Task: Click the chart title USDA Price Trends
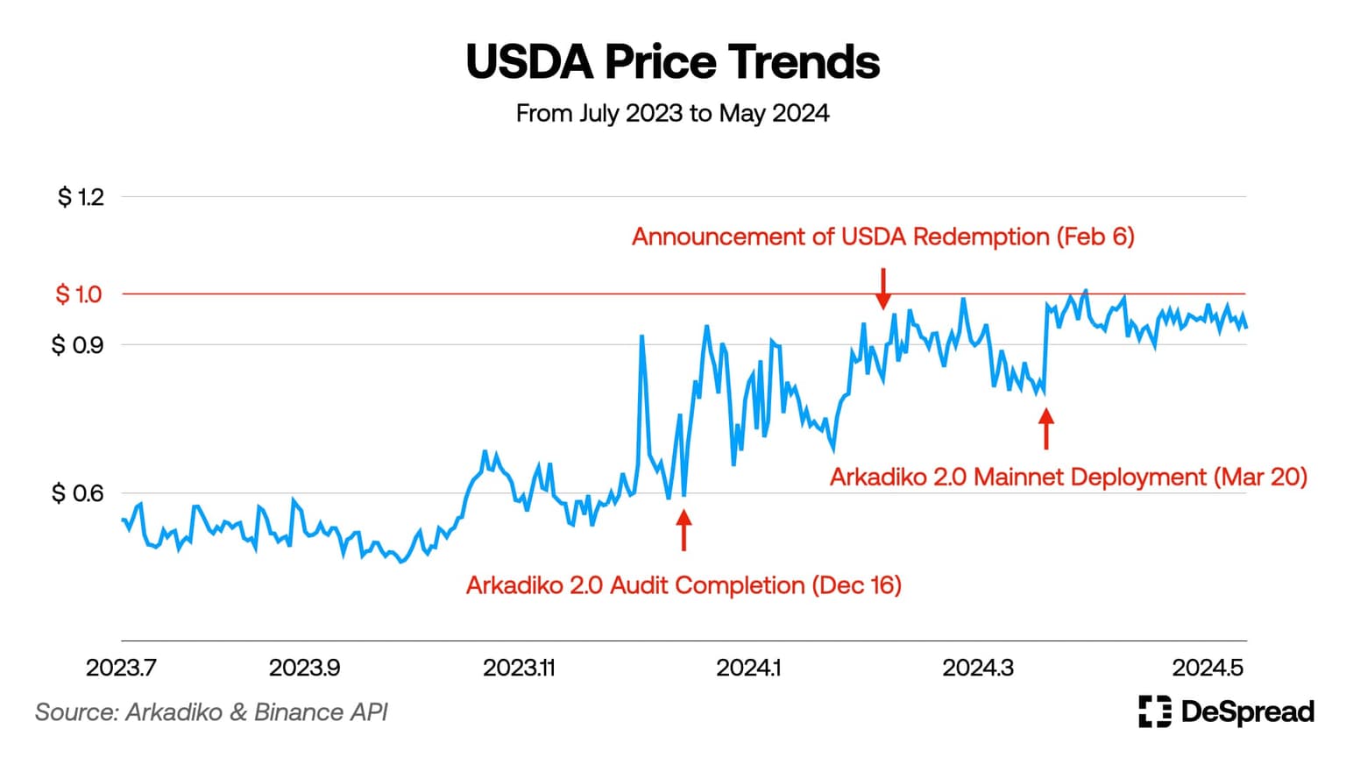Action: [672, 62]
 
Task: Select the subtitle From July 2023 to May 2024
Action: [672, 114]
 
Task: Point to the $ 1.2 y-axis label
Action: [81, 197]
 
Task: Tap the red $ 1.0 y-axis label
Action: [79, 294]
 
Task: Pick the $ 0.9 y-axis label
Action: [77, 345]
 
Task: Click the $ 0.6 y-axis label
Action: [77, 493]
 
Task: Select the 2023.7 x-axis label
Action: [121, 668]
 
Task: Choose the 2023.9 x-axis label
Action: [304, 668]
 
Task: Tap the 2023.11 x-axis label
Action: [519, 668]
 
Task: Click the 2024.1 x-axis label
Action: [748, 668]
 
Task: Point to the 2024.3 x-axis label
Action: [978, 668]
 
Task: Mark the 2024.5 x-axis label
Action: [1208, 668]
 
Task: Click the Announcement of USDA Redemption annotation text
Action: [882, 237]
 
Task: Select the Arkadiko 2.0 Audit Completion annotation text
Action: [684, 585]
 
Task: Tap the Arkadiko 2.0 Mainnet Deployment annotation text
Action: [1068, 478]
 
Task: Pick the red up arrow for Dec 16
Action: [684, 530]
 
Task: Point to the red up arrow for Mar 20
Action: [1045, 428]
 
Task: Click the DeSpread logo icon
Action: [1154, 711]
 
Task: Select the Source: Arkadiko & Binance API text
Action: [211, 712]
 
